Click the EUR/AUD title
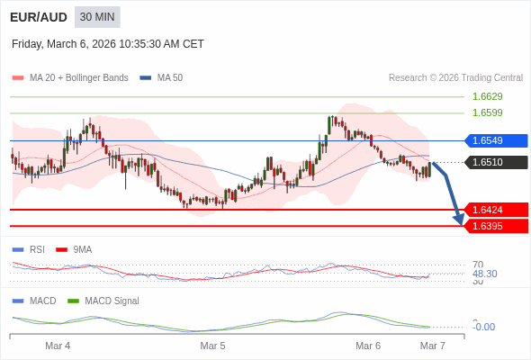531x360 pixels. tap(38, 17)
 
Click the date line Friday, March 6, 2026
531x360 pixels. tap(108, 44)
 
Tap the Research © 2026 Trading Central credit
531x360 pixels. tap(455, 78)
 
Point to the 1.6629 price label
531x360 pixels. tap(487, 96)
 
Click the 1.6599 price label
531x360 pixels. tap(487, 112)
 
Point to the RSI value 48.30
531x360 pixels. tap(484, 274)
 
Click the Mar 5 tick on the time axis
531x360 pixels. tap(212, 346)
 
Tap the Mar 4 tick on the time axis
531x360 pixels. tap(58, 346)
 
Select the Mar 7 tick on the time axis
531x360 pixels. tap(433, 346)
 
